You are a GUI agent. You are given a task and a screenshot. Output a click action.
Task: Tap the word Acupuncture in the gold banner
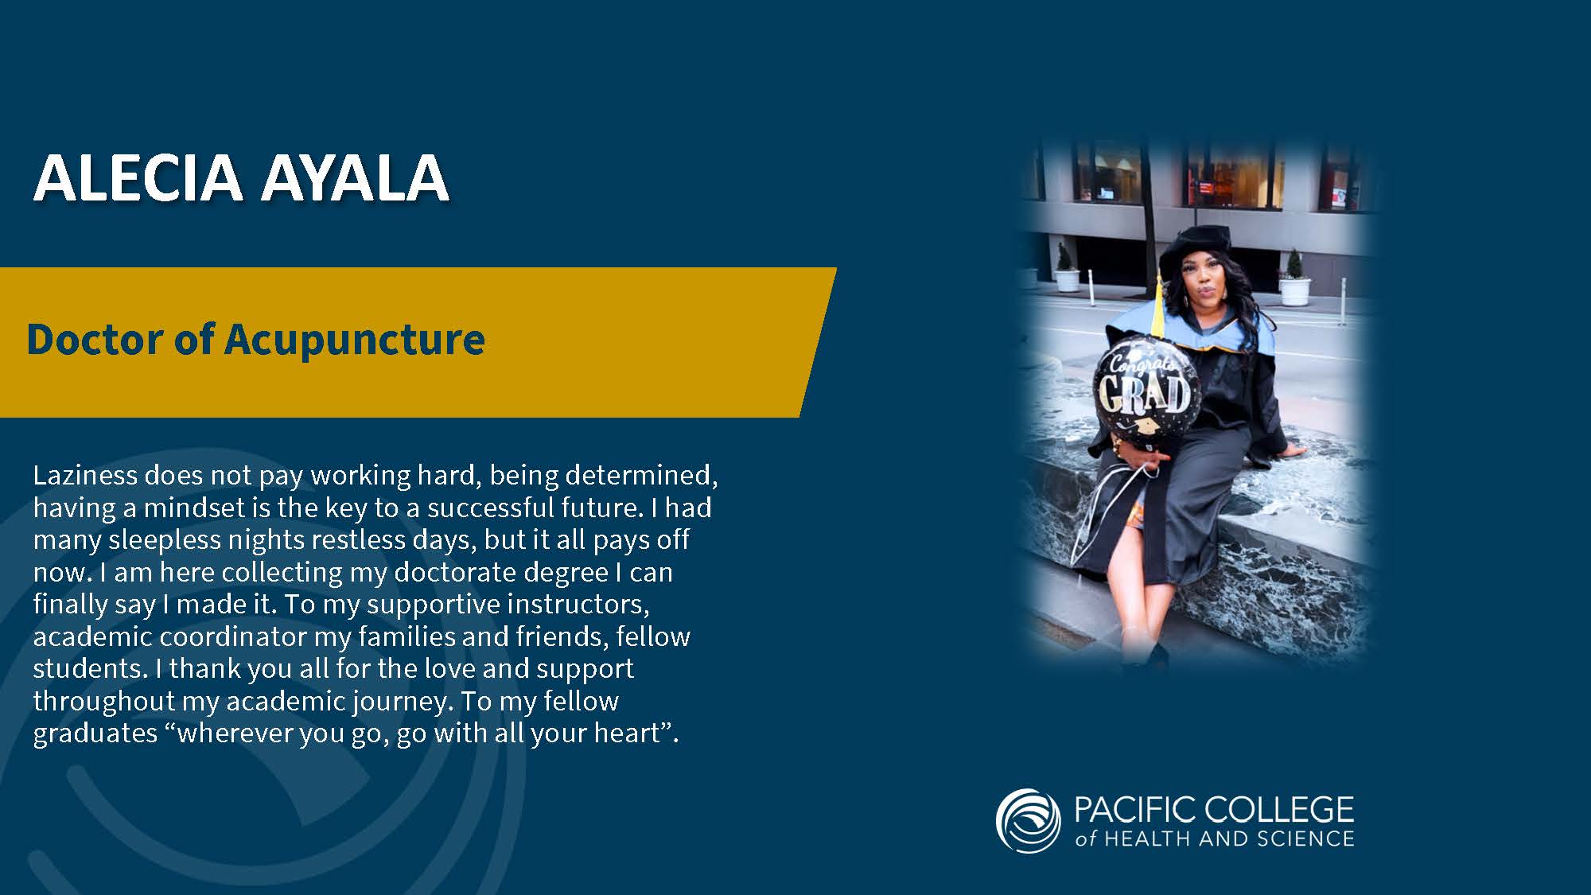click(355, 340)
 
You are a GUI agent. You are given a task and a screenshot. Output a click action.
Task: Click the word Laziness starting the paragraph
click(86, 475)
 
